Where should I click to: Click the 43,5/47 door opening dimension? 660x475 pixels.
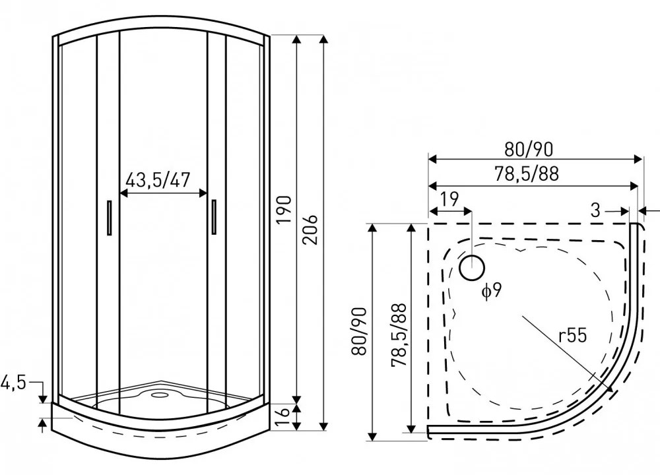[158, 180]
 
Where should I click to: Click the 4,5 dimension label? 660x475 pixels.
[13, 383]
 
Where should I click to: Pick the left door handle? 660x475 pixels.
[110, 217]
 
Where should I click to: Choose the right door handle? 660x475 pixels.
[214, 217]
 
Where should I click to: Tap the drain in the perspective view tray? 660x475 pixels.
[158, 395]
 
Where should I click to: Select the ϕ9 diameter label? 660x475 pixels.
[492, 290]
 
